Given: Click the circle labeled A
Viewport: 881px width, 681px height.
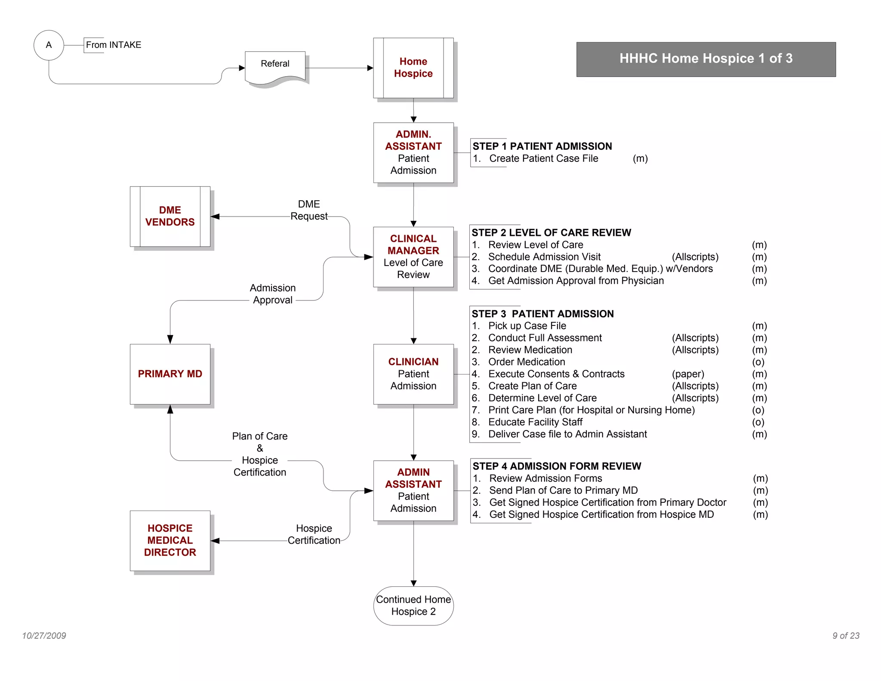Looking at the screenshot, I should click(x=49, y=45).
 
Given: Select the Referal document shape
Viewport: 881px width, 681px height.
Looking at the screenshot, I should click(x=275, y=67).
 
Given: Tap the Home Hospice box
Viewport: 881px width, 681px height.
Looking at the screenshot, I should click(x=413, y=68).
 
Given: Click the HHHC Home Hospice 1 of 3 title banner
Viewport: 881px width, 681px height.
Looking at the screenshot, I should click(x=705, y=59).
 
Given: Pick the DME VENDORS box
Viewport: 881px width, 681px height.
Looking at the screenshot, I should click(x=170, y=216).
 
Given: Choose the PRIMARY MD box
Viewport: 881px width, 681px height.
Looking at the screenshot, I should click(x=170, y=374).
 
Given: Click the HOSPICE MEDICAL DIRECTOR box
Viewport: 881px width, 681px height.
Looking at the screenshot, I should click(x=170, y=540).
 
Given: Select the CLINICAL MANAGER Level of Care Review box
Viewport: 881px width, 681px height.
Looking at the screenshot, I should click(x=413, y=257).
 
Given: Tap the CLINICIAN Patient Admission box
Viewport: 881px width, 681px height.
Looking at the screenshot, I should click(x=413, y=374).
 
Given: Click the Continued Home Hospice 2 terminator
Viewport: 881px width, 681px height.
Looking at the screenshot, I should click(x=413, y=605).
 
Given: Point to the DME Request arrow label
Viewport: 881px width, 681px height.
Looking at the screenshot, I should click(x=309, y=210).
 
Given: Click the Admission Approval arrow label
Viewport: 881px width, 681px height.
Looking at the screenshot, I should click(x=273, y=294).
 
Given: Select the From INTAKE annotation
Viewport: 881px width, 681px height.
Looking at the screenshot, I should click(x=114, y=45).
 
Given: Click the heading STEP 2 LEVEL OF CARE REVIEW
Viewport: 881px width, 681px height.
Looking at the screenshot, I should click(x=551, y=232).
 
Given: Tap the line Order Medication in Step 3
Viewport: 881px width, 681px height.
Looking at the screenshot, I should click(x=527, y=362).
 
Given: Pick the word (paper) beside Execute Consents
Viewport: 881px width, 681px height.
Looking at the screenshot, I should click(x=688, y=374).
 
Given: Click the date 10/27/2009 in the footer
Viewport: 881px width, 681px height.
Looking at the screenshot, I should click(x=44, y=636).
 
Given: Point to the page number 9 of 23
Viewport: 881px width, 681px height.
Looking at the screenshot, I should click(x=846, y=636).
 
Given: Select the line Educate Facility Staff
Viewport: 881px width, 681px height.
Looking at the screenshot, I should click(x=535, y=422).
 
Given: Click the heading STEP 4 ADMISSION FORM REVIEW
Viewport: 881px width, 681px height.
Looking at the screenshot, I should click(x=557, y=466).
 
